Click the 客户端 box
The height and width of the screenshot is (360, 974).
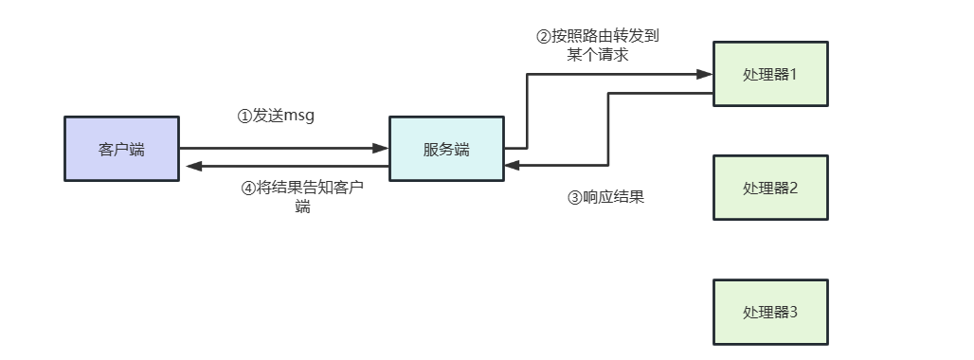(121, 149)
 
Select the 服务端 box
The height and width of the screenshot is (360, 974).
(446, 149)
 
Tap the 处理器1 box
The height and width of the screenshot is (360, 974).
(770, 74)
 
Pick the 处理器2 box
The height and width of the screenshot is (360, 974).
(770, 188)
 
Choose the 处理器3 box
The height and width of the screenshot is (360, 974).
(770, 312)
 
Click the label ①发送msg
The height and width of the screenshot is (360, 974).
(275, 116)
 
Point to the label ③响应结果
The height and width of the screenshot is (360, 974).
(606, 198)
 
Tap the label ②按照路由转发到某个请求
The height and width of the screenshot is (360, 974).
(597, 45)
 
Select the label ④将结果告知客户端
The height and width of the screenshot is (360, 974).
(303, 196)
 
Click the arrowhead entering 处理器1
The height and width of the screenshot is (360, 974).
(706, 73)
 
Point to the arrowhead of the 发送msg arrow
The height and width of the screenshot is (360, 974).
(382, 148)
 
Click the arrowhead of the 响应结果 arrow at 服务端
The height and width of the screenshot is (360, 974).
(512, 166)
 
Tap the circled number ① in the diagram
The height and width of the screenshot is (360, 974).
(244, 116)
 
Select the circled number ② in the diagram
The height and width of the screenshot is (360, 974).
(544, 37)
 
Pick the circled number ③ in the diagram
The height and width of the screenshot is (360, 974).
(574, 198)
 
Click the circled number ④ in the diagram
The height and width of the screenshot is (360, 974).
(249, 188)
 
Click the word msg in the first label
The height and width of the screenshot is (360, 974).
(299, 116)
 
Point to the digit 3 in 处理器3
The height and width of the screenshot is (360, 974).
(794, 312)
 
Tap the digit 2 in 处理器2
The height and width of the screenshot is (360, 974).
(794, 188)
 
